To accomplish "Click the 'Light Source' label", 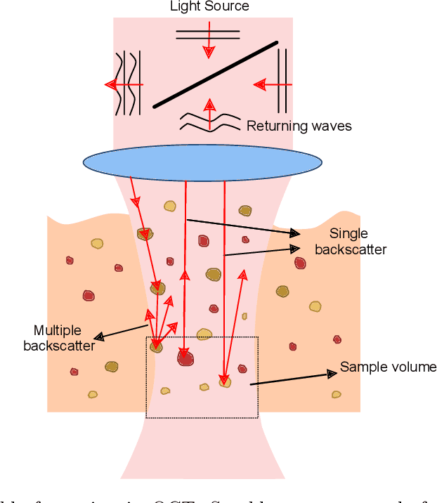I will coord(209,7).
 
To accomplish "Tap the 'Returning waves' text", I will coord(299,126).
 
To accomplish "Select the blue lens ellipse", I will coord(202,162).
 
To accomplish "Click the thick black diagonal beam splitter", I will coord(215,74).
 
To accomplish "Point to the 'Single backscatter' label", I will coord(350,242).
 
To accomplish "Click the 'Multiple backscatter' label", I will coord(59,338).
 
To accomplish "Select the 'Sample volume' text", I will coord(388,367).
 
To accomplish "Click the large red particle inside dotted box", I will coord(185,358).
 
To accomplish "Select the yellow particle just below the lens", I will coord(170,206).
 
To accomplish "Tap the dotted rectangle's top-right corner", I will coord(258,338).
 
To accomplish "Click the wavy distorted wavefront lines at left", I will coord(126,83).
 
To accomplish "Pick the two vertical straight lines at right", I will coord(282,81).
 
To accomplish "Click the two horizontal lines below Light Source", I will coord(208,34).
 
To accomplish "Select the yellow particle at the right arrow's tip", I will coord(225,382).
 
